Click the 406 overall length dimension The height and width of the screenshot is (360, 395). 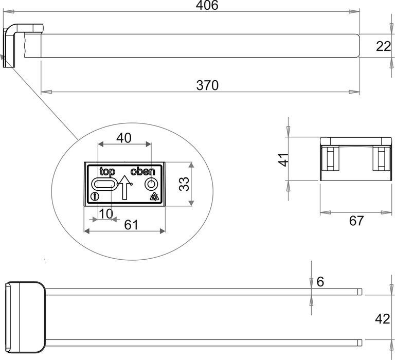tap(207, 6)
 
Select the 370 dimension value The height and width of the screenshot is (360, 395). tap(207, 85)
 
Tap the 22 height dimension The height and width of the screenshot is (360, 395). tap(383, 46)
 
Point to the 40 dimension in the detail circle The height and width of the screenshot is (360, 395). tap(123, 138)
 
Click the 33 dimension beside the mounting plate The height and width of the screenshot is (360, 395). tap(184, 184)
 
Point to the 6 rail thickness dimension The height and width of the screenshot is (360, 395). tap(320, 281)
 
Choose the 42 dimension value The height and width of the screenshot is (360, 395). tap(382, 319)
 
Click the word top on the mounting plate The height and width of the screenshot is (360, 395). tap(107, 172)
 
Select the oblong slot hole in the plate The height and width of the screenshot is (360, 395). tap(104, 185)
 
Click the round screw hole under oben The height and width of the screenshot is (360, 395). tap(151, 184)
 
